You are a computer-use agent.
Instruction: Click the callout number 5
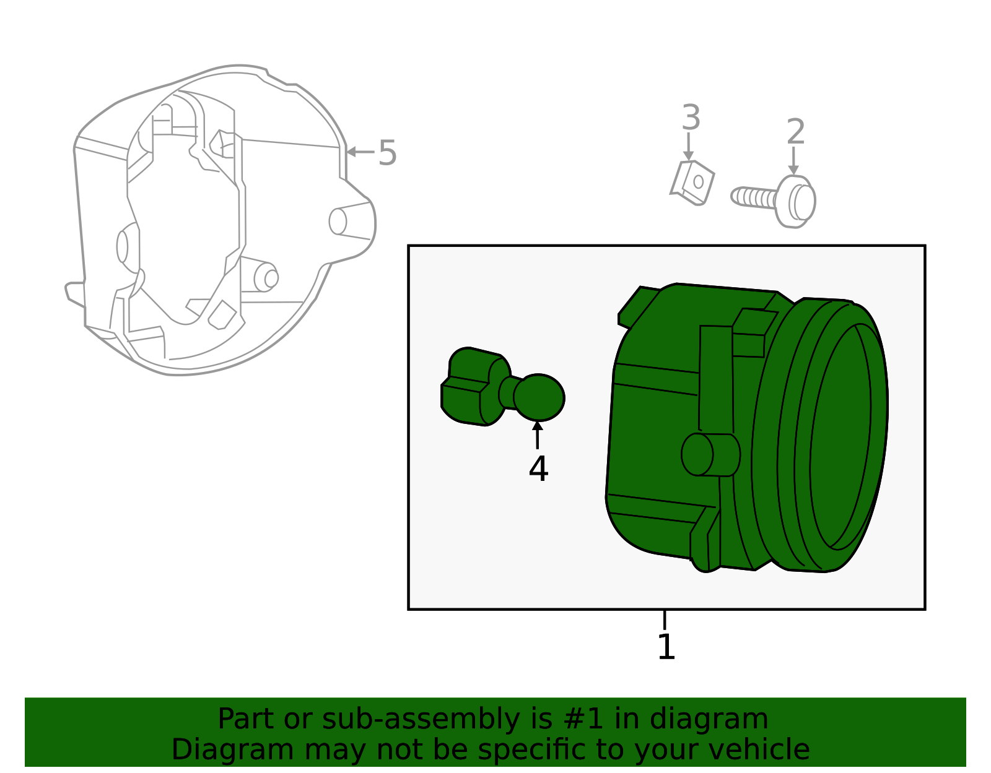point(387,153)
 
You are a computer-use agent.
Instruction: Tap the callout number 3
point(691,118)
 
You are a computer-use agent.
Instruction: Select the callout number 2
point(795,132)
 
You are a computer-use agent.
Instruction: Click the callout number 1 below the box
point(666,647)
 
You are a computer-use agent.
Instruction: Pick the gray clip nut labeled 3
point(694,182)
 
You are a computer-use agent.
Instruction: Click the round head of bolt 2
point(797,201)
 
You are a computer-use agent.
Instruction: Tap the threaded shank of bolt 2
point(753,197)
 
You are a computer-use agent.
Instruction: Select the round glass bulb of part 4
point(539,397)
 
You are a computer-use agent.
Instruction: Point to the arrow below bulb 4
point(538,434)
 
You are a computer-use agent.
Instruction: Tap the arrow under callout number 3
point(688,148)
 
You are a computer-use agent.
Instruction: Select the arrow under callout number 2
point(793,161)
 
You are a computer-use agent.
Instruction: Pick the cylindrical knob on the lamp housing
point(709,454)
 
